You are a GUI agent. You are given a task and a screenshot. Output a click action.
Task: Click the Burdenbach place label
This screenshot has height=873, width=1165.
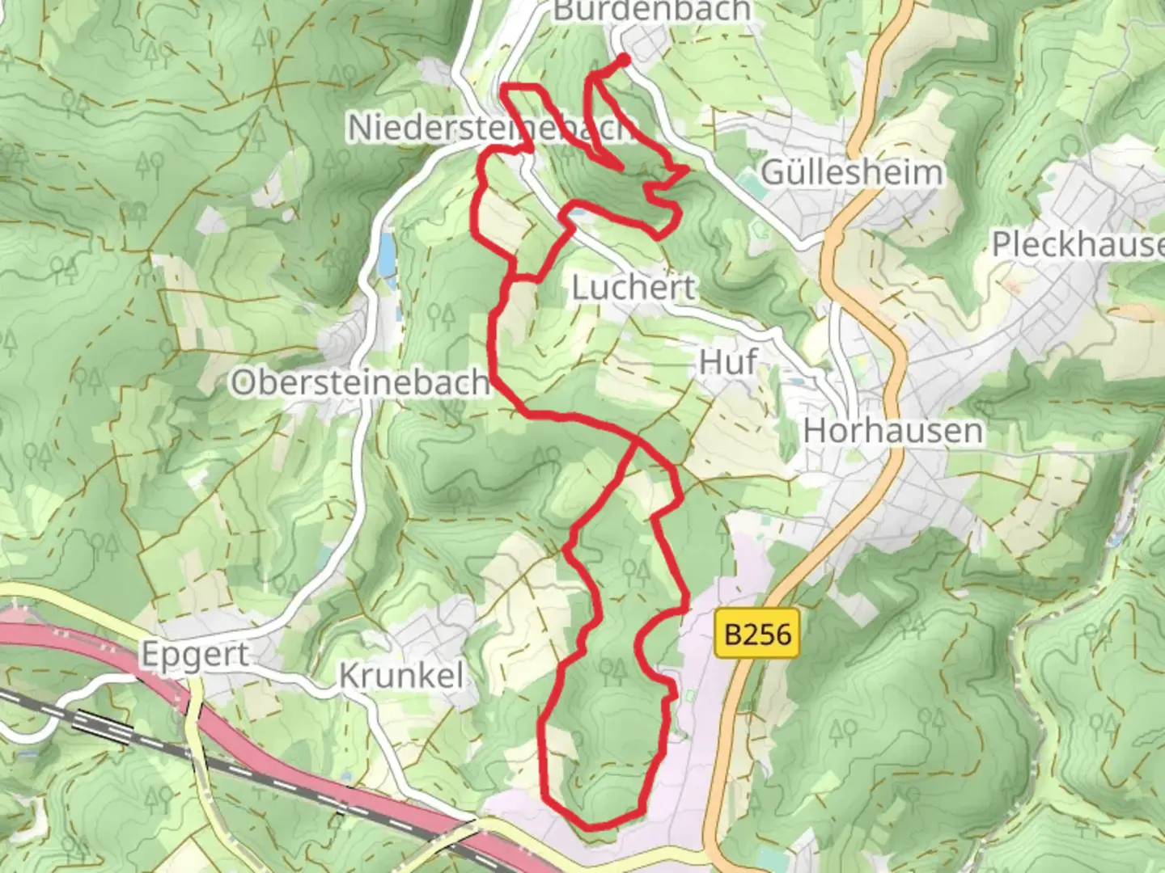click(652, 11)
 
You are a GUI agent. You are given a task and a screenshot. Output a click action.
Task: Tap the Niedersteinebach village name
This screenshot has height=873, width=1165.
click(485, 128)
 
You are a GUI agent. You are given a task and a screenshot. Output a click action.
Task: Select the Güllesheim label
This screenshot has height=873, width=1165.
click(852, 172)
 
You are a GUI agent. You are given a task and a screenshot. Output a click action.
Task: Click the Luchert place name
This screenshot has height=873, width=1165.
click(633, 288)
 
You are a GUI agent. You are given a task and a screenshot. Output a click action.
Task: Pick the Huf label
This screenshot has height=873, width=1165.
click(728, 362)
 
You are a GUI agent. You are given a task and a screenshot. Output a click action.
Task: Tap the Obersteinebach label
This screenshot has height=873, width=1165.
click(360, 382)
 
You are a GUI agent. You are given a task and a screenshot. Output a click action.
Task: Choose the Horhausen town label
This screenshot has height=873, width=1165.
click(893, 431)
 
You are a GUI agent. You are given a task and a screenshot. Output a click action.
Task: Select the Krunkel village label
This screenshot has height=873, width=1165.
click(401, 676)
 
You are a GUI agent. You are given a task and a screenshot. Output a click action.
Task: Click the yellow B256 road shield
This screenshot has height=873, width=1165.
click(757, 634)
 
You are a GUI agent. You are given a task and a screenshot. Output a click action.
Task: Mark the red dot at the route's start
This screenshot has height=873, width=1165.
click(624, 59)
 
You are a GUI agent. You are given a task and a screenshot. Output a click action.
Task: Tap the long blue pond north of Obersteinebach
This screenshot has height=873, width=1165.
click(388, 252)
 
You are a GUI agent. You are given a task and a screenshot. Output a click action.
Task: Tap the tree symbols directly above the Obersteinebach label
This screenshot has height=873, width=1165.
click(441, 315)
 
